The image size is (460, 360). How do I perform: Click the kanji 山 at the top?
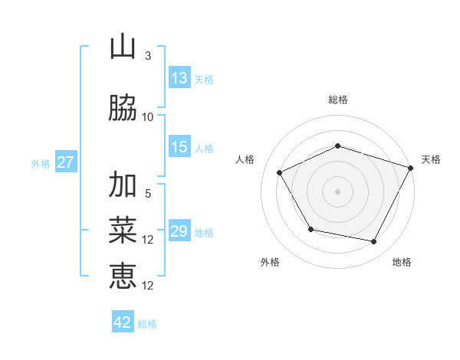[x=123, y=48]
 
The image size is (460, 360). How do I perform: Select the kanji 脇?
[x=123, y=109]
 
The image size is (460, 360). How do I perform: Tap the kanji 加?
[x=123, y=185]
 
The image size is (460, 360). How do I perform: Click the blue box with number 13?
[x=179, y=78]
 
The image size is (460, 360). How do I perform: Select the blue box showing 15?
[x=179, y=147]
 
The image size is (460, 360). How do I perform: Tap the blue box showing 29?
[x=179, y=232]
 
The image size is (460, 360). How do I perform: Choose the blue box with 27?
[x=65, y=162]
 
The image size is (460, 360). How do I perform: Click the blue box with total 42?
[x=123, y=322]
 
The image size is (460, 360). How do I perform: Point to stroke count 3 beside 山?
[x=148, y=56]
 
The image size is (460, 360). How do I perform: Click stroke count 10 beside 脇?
[x=148, y=116]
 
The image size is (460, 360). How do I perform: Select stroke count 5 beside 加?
[x=148, y=193]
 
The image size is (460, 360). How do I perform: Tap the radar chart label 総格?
[x=338, y=100]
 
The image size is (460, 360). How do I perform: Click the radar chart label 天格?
[x=432, y=159]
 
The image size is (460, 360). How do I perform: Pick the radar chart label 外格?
[x=270, y=262]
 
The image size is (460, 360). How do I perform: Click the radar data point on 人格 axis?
[x=279, y=173]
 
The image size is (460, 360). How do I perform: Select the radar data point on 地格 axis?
[x=374, y=242]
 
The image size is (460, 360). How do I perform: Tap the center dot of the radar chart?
[x=338, y=191]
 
